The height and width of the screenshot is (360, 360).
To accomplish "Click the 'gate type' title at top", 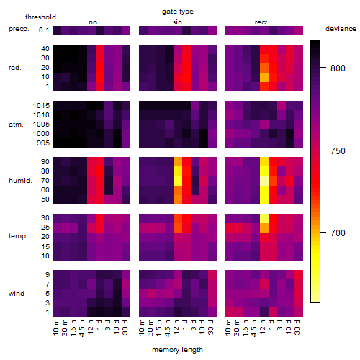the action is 178,12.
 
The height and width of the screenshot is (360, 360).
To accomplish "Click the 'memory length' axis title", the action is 177,350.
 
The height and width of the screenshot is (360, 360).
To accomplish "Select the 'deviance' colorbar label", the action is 341,29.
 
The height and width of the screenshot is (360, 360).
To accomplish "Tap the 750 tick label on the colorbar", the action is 338,151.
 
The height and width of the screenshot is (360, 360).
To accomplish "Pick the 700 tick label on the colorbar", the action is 338,233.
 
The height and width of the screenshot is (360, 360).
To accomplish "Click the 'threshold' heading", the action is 40,17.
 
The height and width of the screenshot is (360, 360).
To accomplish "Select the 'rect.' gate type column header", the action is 262,22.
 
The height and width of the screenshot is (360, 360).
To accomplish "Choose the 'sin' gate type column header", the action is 177,22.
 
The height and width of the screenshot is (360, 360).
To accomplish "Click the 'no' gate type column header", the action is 93,22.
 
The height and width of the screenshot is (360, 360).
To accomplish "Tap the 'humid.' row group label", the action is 20,181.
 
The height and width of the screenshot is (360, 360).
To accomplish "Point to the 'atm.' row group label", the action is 16,125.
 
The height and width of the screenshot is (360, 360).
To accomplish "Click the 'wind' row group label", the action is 17,294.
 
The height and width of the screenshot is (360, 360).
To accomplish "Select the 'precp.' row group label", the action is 19,29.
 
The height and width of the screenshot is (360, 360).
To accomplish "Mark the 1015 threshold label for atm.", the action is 41,106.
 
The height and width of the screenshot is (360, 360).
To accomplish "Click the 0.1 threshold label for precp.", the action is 44,30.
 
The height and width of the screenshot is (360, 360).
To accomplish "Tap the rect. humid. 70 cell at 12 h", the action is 264,181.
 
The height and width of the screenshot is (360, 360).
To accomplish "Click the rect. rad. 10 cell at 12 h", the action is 264,77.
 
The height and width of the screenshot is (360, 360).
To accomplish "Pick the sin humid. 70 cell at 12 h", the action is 178,181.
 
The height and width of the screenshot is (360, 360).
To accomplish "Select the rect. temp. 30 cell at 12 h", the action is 264,218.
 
